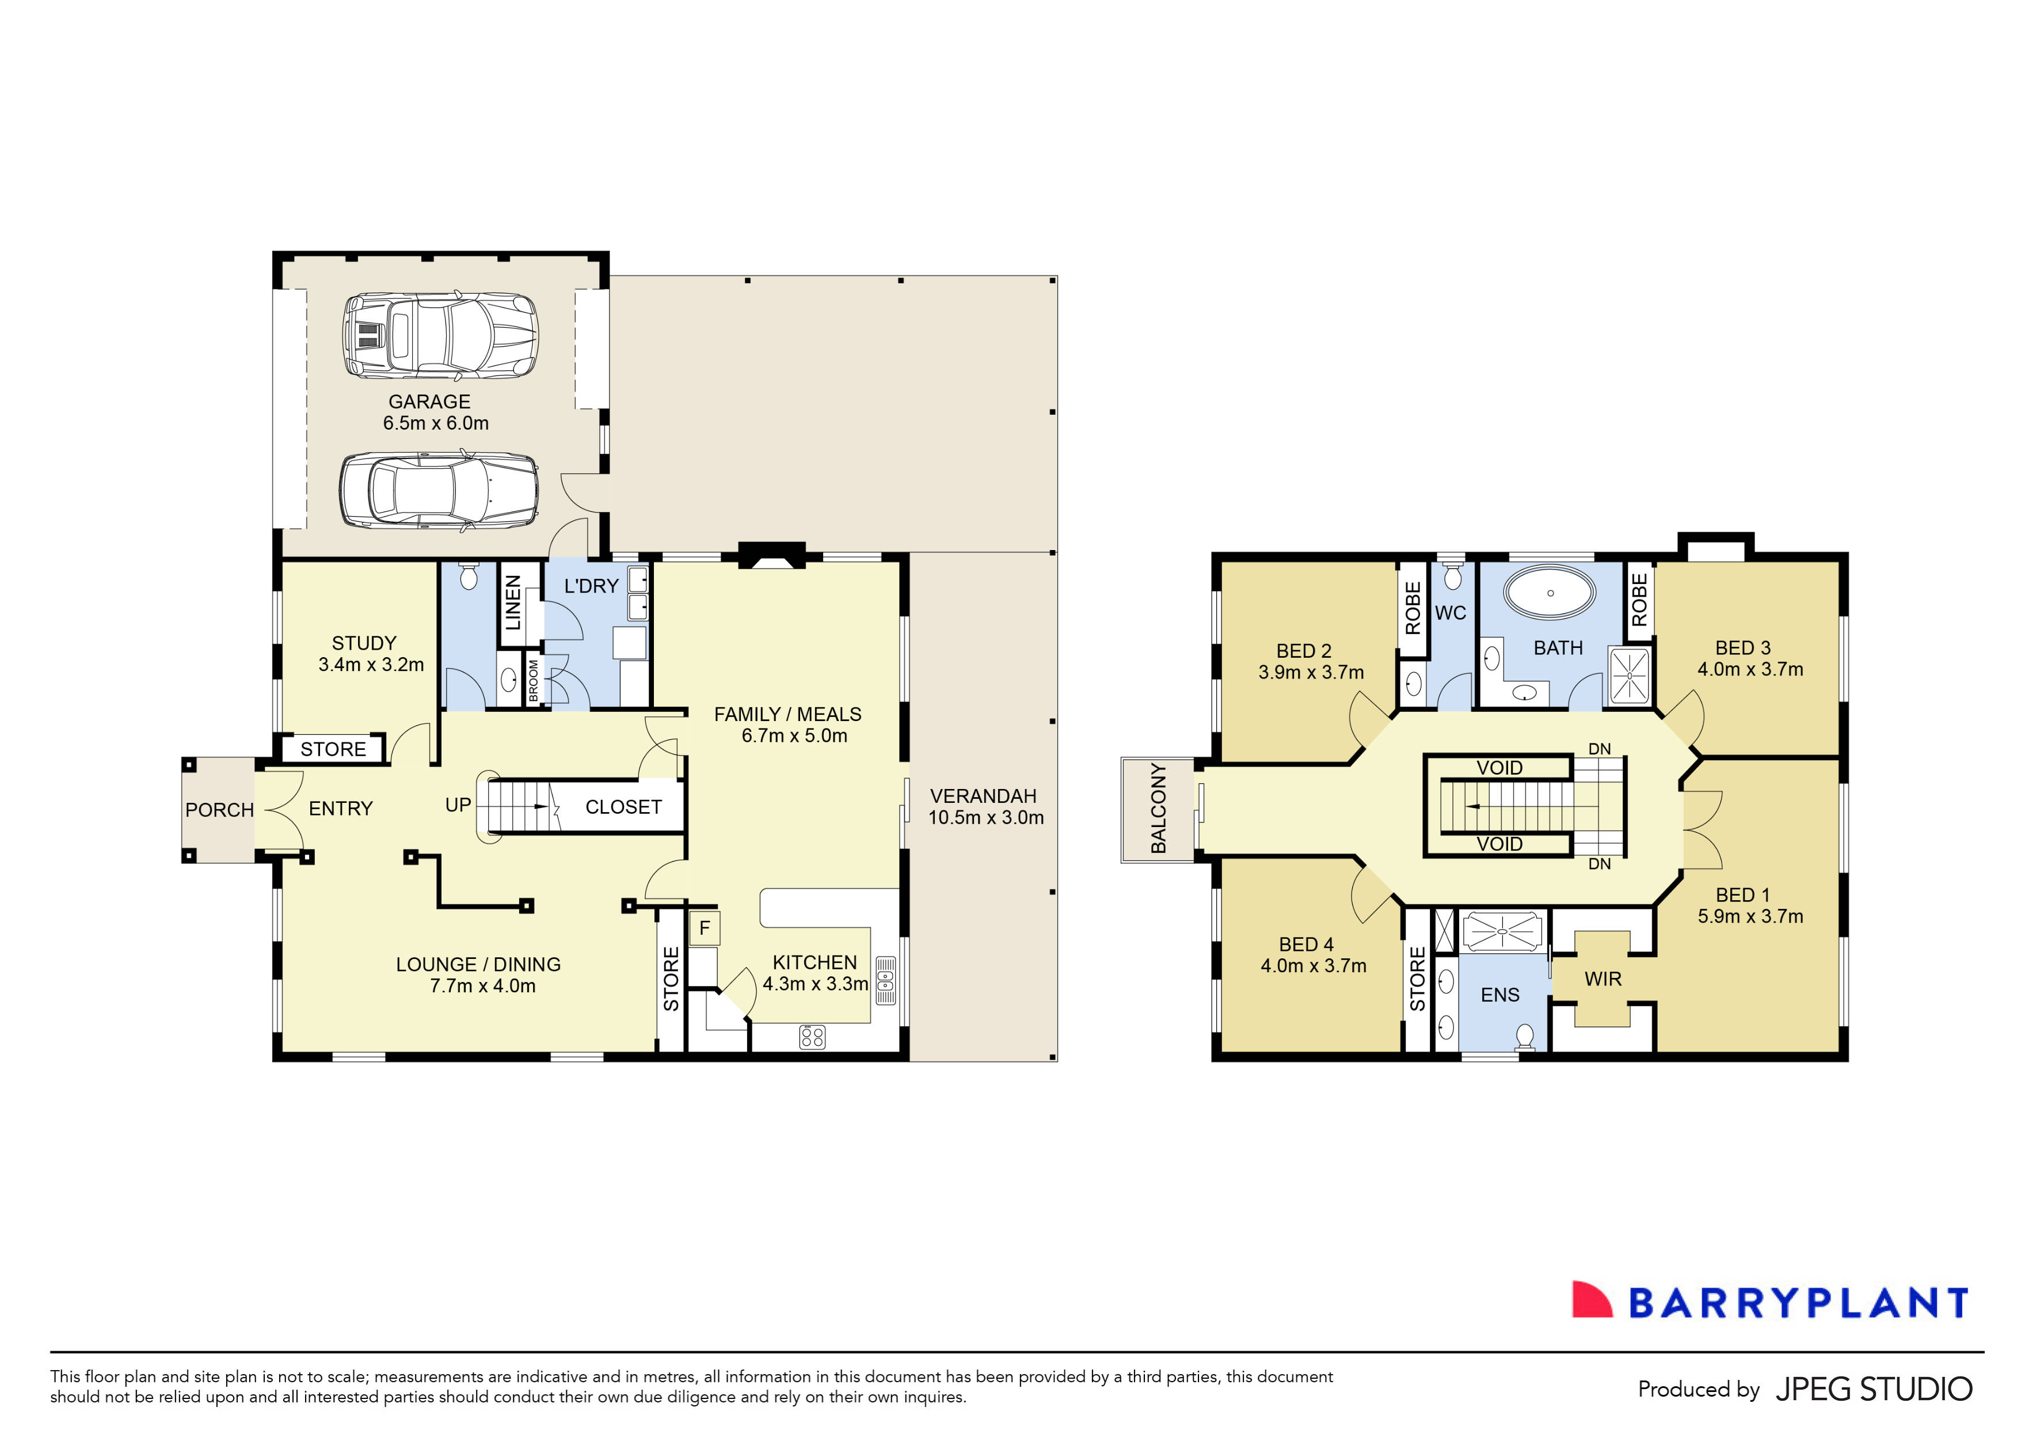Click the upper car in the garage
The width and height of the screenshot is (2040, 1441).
pyautogui.click(x=441, y=336)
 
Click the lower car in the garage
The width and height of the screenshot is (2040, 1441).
pyautogui.click(x=439, y=492)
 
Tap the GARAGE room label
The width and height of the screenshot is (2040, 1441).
pyautogui.click(x=429, y=402)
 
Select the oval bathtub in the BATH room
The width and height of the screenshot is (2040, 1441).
pyautogui.click(x=1551, y=592)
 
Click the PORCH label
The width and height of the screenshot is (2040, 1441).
pyautogui.click(x=219, y=810)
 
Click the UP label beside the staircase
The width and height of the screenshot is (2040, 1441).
pyautogui.click(x=458, y=805)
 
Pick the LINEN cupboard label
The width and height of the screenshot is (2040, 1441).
pyautogui.click(x=513, y=602)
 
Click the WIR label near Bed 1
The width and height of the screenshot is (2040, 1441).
pyautogui.click(x=1603, y=979)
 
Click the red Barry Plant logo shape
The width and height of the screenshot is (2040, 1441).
pyautogui.click(x=1590, y=1300)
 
